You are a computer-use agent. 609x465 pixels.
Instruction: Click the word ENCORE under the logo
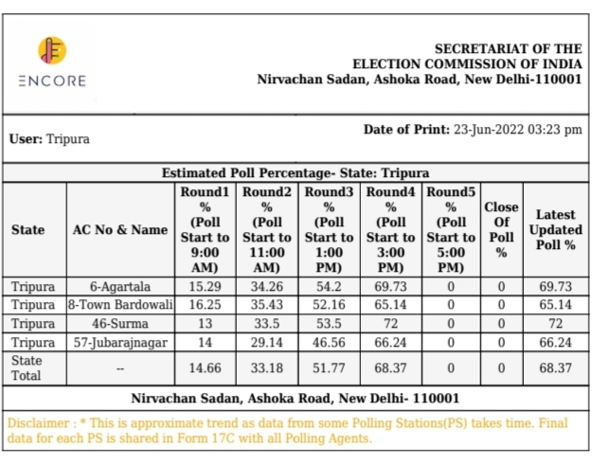tap(52, 80)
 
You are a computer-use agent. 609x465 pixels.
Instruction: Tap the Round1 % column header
tap(206, 229)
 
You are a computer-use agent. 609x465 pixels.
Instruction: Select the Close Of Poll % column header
tap(501, 229)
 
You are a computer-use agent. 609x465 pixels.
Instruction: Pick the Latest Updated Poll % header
tap(556, 229)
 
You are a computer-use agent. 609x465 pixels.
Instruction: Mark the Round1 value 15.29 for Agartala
tap(206, 286)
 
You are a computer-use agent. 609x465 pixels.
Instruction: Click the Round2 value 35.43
tap(267, 304)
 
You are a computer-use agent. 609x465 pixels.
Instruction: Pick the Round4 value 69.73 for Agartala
tap(390, 286)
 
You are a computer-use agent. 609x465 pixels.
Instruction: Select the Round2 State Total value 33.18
tap(267, 367)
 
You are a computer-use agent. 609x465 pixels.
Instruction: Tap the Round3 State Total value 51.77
tap(329, 367)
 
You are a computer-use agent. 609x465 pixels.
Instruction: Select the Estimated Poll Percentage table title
tap(296, 173)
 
